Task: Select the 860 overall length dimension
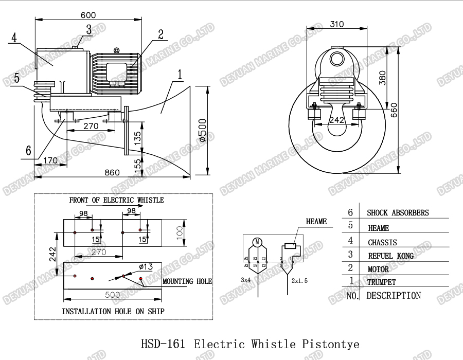pyautogui.click(x=113, y=173)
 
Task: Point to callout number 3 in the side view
pyautogui.click(x=88, y=29)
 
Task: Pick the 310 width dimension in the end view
pyautogui.click(x=337, y=24)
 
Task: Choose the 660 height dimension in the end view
pyautogui.click(x=394, y=109)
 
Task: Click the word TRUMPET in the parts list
pyautogui.click(x=382, y=282)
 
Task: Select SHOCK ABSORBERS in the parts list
pyautogui.click(x=398, y=213)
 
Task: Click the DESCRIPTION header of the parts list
pyautogui.click(x=394, y=296)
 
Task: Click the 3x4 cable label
pyautogui.click(x=246, y=280)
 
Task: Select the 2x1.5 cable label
pyautogui.click(x=299, y=281)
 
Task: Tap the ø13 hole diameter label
pyautogui.click(x=146, y=266)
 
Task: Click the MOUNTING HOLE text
pyautogui.click(x=187, y=281)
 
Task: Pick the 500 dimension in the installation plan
pyautogui.click(x=112, y=295)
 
